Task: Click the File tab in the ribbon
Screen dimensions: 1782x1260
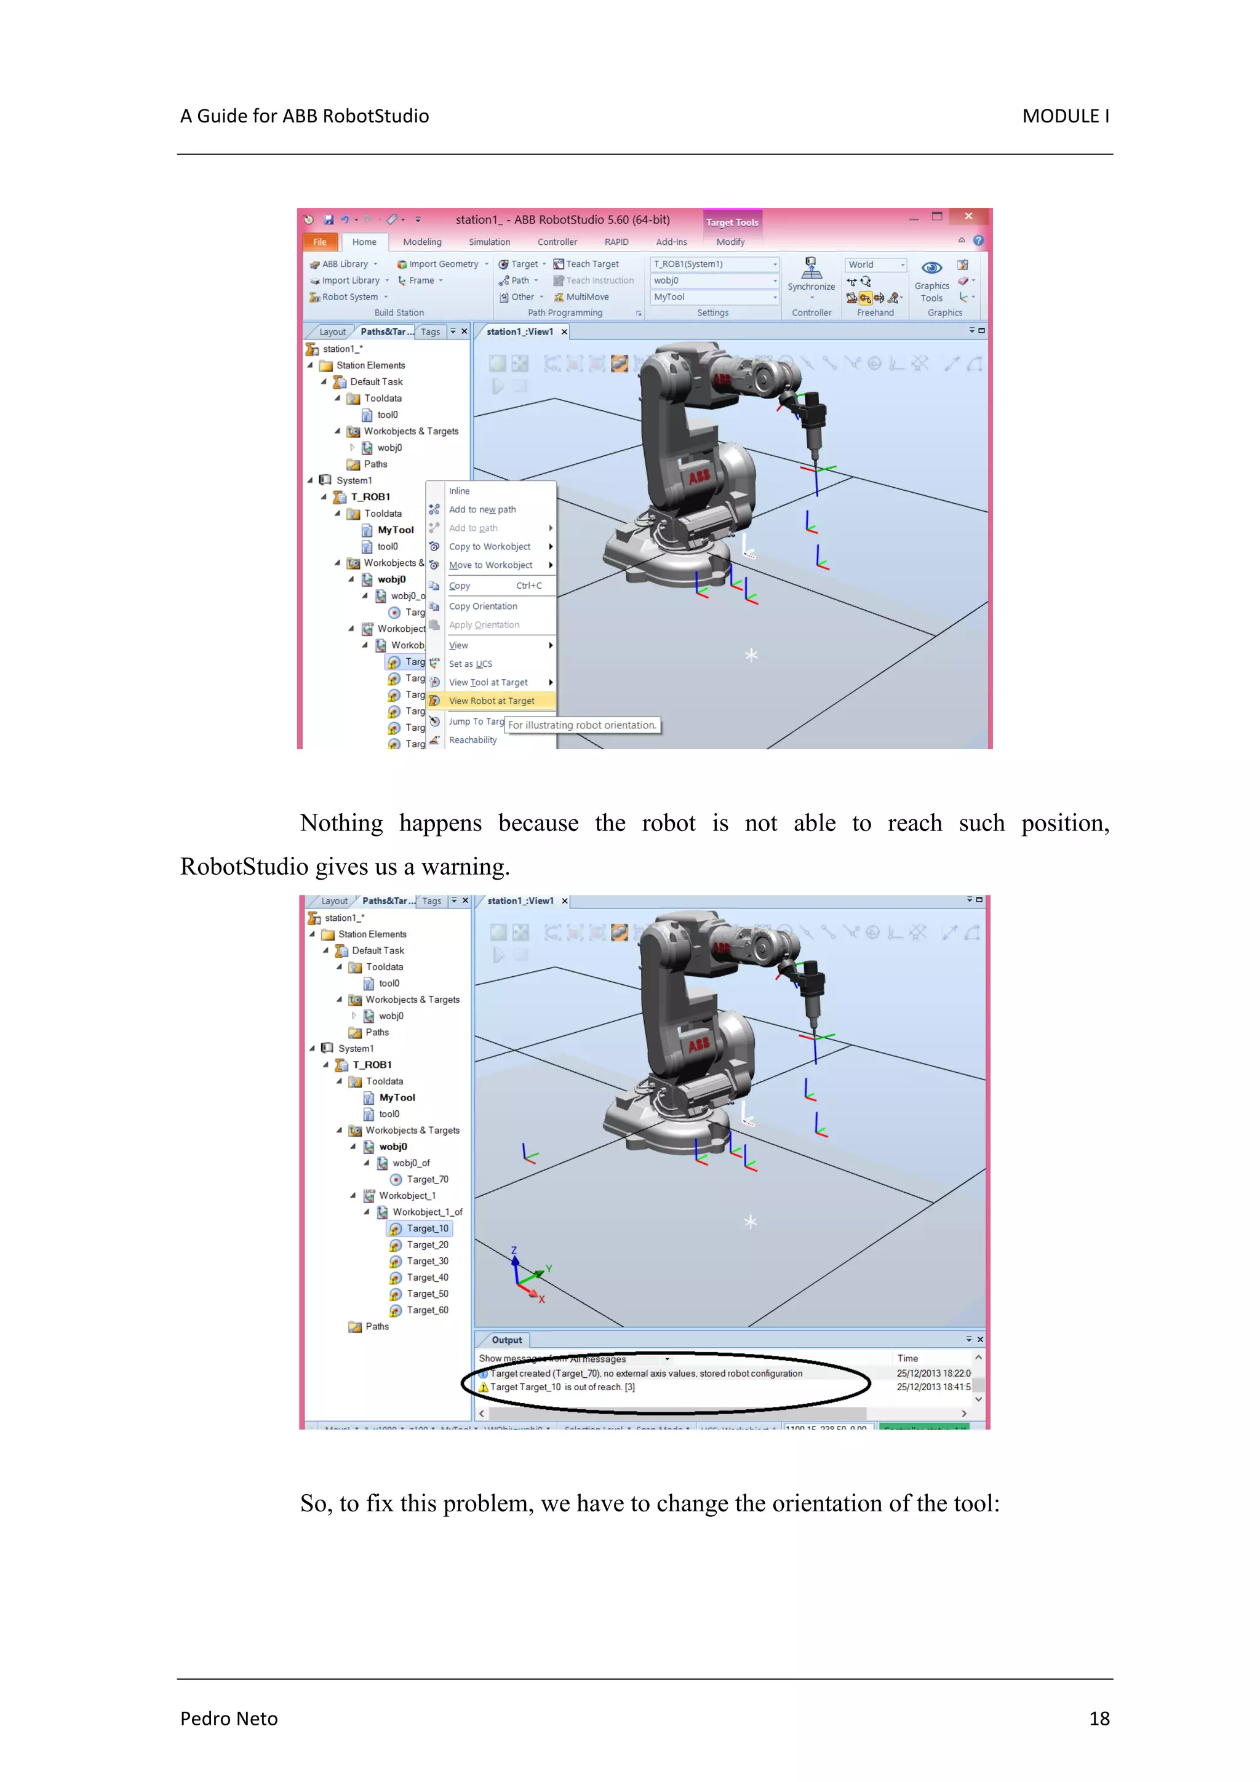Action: (x=319, y=242)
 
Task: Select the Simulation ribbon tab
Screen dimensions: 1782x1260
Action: (x=489, y=242)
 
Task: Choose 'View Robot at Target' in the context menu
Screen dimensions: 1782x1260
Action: (x=492, y=701)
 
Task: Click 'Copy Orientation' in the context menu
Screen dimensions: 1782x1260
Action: (x=483, y=606)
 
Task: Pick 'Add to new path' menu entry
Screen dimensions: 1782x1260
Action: (x=482, y=510)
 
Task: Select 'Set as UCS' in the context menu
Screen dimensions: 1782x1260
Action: (x=471, y=664)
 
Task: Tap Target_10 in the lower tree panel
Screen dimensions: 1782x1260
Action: (x=427, y=1228)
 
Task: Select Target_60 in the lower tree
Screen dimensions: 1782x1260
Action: (x=427, y=1311)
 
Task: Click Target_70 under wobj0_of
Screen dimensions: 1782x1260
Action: (x=427, y=1180)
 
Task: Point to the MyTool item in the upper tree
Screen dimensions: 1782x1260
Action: (x=395, y=530)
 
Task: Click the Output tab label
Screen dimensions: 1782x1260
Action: (x=506, y=1340)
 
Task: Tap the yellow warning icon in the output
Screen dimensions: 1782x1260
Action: (x=483, y=1388)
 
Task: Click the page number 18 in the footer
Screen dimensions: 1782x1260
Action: (x=1099, y=1719)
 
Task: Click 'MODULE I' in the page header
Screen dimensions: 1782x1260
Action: (x=1065, y=116)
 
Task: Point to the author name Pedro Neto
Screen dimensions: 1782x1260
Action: (x=229, y=1719)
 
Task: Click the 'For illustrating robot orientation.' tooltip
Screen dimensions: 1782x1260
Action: (x=582, y=726)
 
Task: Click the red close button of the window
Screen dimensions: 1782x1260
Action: (x=968, y=217)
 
